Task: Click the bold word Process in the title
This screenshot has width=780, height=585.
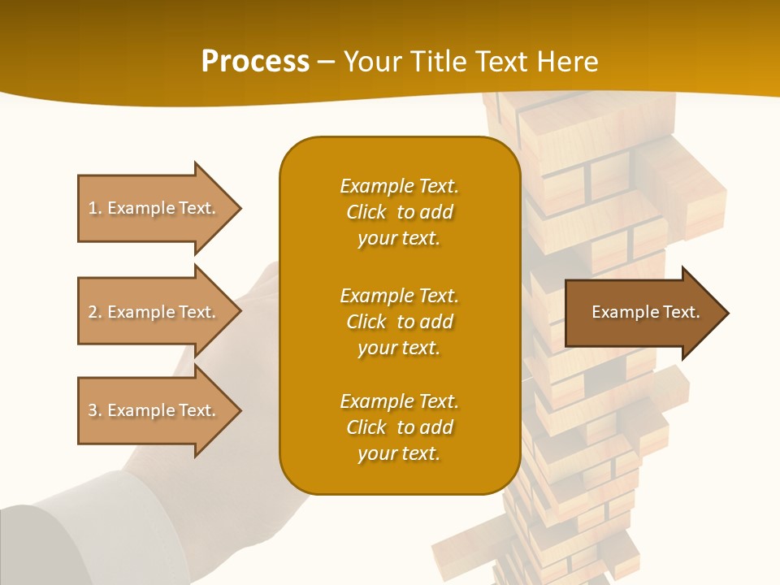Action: [255, 62]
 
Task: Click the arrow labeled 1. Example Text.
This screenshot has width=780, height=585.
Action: [154, 208]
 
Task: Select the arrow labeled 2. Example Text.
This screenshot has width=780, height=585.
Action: [154, 312]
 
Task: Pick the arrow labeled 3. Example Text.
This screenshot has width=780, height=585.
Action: [154, 410]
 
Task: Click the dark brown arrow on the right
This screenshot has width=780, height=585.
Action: [642, 313]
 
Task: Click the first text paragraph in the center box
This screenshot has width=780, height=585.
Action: [399, 212]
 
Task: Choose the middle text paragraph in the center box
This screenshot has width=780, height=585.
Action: [399, 321]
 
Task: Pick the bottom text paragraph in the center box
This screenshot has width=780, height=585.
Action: [399, 427]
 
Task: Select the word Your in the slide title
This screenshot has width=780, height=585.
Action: [370, 62]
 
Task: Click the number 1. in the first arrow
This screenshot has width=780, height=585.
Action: [94, 208]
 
